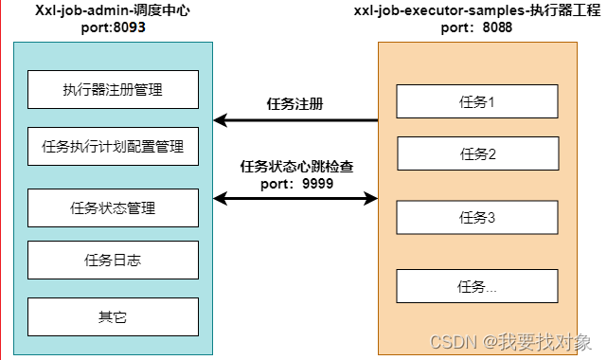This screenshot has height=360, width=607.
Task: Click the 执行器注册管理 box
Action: [x=113, y=90]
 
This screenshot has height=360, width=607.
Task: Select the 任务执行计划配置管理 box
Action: [x=113, y=147]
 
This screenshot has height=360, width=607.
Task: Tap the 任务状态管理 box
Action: [x=113, y=207]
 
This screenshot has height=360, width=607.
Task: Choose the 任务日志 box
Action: [x=113, y=261]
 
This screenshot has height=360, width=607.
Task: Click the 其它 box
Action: [x=113, y=316]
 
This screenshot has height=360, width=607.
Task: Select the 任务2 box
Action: [x=477, y=153]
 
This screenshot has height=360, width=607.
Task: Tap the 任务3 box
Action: [x=477, y=217]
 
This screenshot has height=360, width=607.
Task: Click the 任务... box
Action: [x=477, y=286]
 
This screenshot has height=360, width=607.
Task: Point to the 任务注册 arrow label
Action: [x=296, y=104]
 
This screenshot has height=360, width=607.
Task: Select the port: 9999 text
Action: [x=296, y=184]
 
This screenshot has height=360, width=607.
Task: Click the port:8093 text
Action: [x=113, y=27]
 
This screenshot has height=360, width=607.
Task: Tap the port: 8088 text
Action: [x=477, y=27]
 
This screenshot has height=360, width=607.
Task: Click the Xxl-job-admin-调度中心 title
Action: [x=113, y=9]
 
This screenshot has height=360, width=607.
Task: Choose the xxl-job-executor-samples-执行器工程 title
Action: [x=477, y=10]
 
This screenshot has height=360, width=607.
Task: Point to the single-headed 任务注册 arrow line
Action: [x=296, y=120]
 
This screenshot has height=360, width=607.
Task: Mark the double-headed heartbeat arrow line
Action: [x=296, y=199]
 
